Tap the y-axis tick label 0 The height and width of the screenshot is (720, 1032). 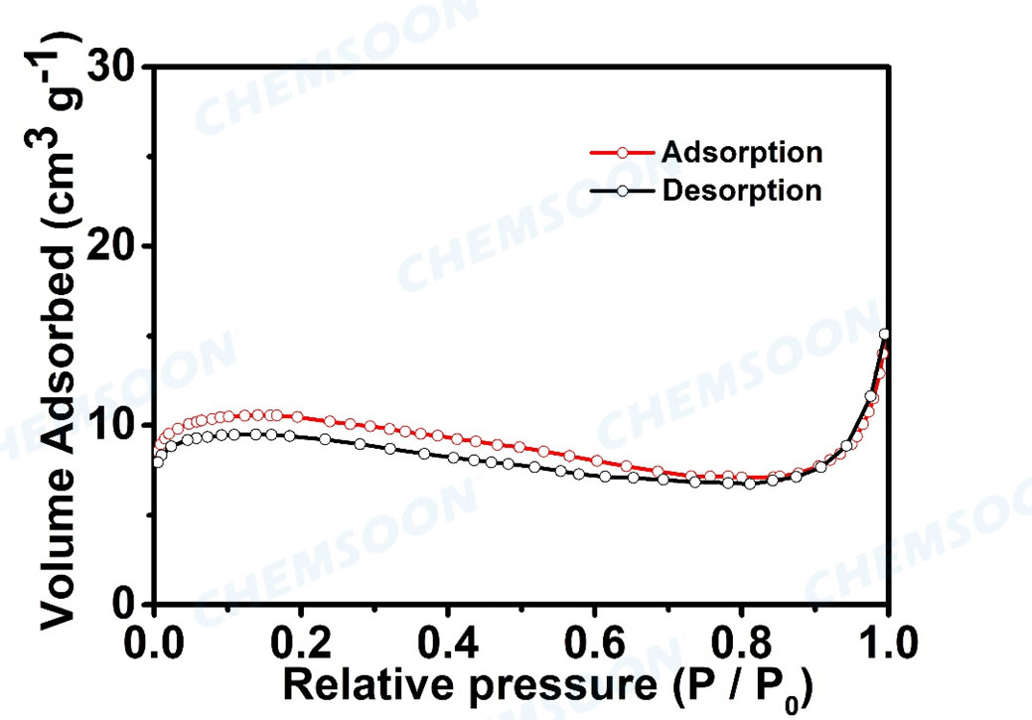tap(124, 604)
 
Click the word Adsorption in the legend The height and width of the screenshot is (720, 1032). tap(741, 153)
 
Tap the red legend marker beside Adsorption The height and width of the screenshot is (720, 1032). tap(622, 153)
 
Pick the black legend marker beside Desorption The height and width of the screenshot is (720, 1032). tap(622, 189)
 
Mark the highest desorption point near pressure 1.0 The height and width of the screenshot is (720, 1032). tap(884, 335)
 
